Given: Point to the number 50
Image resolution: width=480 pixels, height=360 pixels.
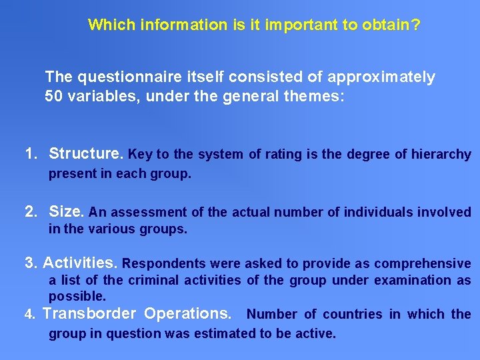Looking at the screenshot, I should tap(54, 95).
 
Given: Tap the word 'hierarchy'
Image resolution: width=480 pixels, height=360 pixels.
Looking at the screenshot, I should tap(441, 155).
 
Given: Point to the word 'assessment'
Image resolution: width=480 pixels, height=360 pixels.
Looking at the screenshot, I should tap(148, 213).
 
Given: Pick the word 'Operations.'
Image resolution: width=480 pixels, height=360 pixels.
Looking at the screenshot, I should tap(189, 313).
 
